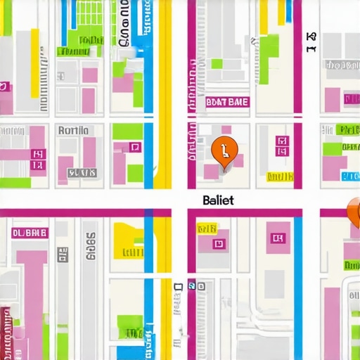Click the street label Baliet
click(217, 200)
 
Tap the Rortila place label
click(73, 130)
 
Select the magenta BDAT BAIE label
click(228, 102)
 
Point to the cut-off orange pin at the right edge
click(354, 212)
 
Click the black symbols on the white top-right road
click(311, 41)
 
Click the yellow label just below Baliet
click(207, 229)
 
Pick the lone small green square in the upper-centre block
click(217, 63)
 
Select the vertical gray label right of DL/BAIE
click(89, 247)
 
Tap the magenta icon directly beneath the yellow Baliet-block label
click(218, 243)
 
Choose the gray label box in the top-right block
click(342, 65)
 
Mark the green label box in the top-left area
click(72, 51)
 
